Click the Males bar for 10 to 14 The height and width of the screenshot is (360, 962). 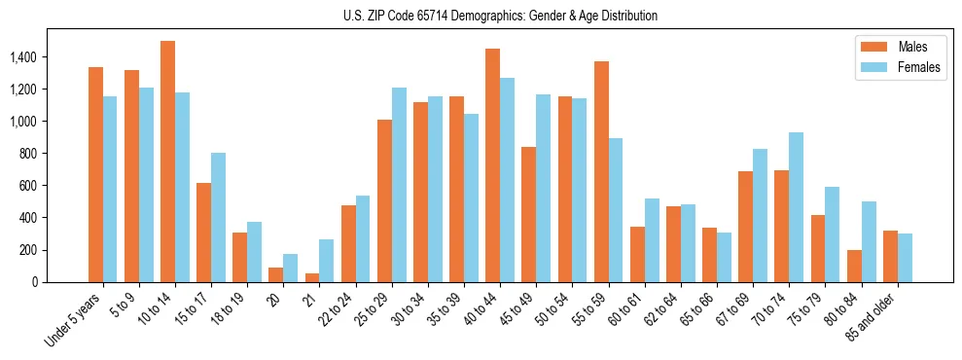[167, 162]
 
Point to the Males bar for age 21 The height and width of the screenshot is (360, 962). [312, 277]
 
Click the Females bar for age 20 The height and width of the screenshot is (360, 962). [291, 268]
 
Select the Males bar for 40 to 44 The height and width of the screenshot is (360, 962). [493, 165]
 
